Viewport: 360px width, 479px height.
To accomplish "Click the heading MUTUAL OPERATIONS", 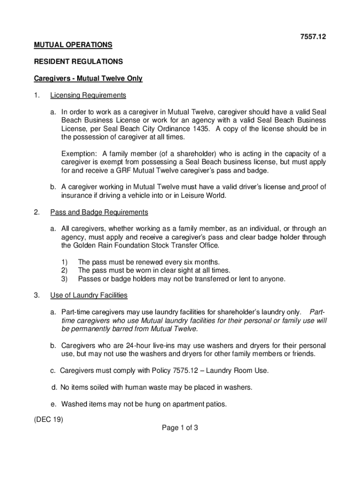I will [x=72, y=45].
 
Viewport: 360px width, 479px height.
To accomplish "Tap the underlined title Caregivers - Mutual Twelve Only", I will [x=88, y=79].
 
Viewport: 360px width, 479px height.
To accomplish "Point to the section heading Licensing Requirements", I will [x=88, y=95].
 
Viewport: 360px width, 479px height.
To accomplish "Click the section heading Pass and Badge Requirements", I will [x=99, y=212].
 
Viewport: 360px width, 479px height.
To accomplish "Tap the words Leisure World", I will [x=204, y=196].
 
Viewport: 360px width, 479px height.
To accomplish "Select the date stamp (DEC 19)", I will [x=48, y=419].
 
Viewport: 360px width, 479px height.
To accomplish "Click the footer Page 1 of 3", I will [x=180, y=428].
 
